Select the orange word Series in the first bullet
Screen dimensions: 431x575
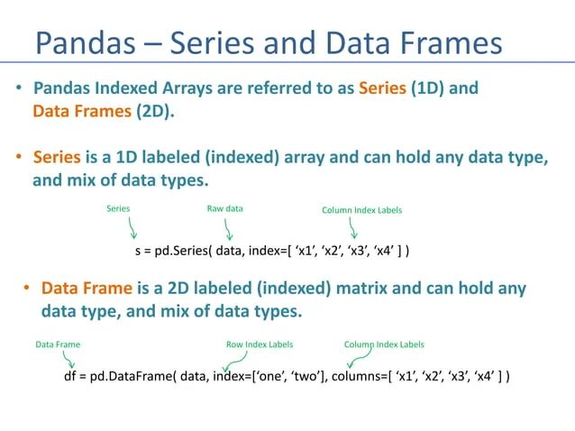click(382, 89)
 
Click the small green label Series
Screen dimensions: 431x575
click(118, 209)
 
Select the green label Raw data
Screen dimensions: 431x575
click(224, 209)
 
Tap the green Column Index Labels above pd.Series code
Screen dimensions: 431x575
click(361, 210)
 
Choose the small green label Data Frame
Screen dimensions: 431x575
click(57, 344)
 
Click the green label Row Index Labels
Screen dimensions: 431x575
click(259, 344)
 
